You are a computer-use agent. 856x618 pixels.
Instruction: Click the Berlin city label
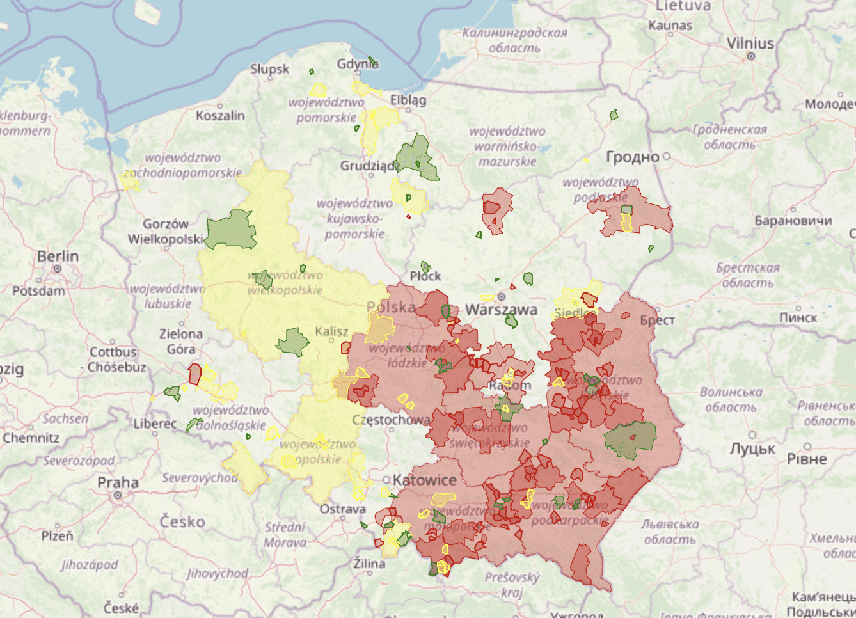(58, 257)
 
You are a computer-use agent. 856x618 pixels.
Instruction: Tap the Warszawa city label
(501, 310)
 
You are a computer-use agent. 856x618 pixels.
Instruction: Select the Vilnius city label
(750, 44)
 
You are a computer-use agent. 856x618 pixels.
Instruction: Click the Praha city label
(118, 482)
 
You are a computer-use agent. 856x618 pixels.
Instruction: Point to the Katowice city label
(424, 480)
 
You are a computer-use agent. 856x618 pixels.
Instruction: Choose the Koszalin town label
(220, 116)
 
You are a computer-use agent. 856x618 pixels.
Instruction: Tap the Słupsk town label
(269, 69)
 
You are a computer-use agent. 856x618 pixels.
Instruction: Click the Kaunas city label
(670, 26)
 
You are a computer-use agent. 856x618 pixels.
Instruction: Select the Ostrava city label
(343, 509)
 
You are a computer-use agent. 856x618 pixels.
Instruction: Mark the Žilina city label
(369, 564)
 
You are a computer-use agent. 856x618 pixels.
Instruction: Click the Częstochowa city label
(391, 420)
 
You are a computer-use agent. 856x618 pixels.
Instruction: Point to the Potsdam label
(38, 291)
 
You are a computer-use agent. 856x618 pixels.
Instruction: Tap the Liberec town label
(155, 424)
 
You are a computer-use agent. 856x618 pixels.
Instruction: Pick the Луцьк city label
(752, 449)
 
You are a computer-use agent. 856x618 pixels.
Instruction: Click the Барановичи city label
(793, 221)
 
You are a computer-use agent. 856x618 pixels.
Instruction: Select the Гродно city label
(632, 157)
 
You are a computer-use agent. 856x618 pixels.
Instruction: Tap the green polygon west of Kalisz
(293, 342)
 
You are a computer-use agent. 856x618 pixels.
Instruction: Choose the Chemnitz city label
(31, 438)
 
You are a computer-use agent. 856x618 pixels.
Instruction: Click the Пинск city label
(798, 318)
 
